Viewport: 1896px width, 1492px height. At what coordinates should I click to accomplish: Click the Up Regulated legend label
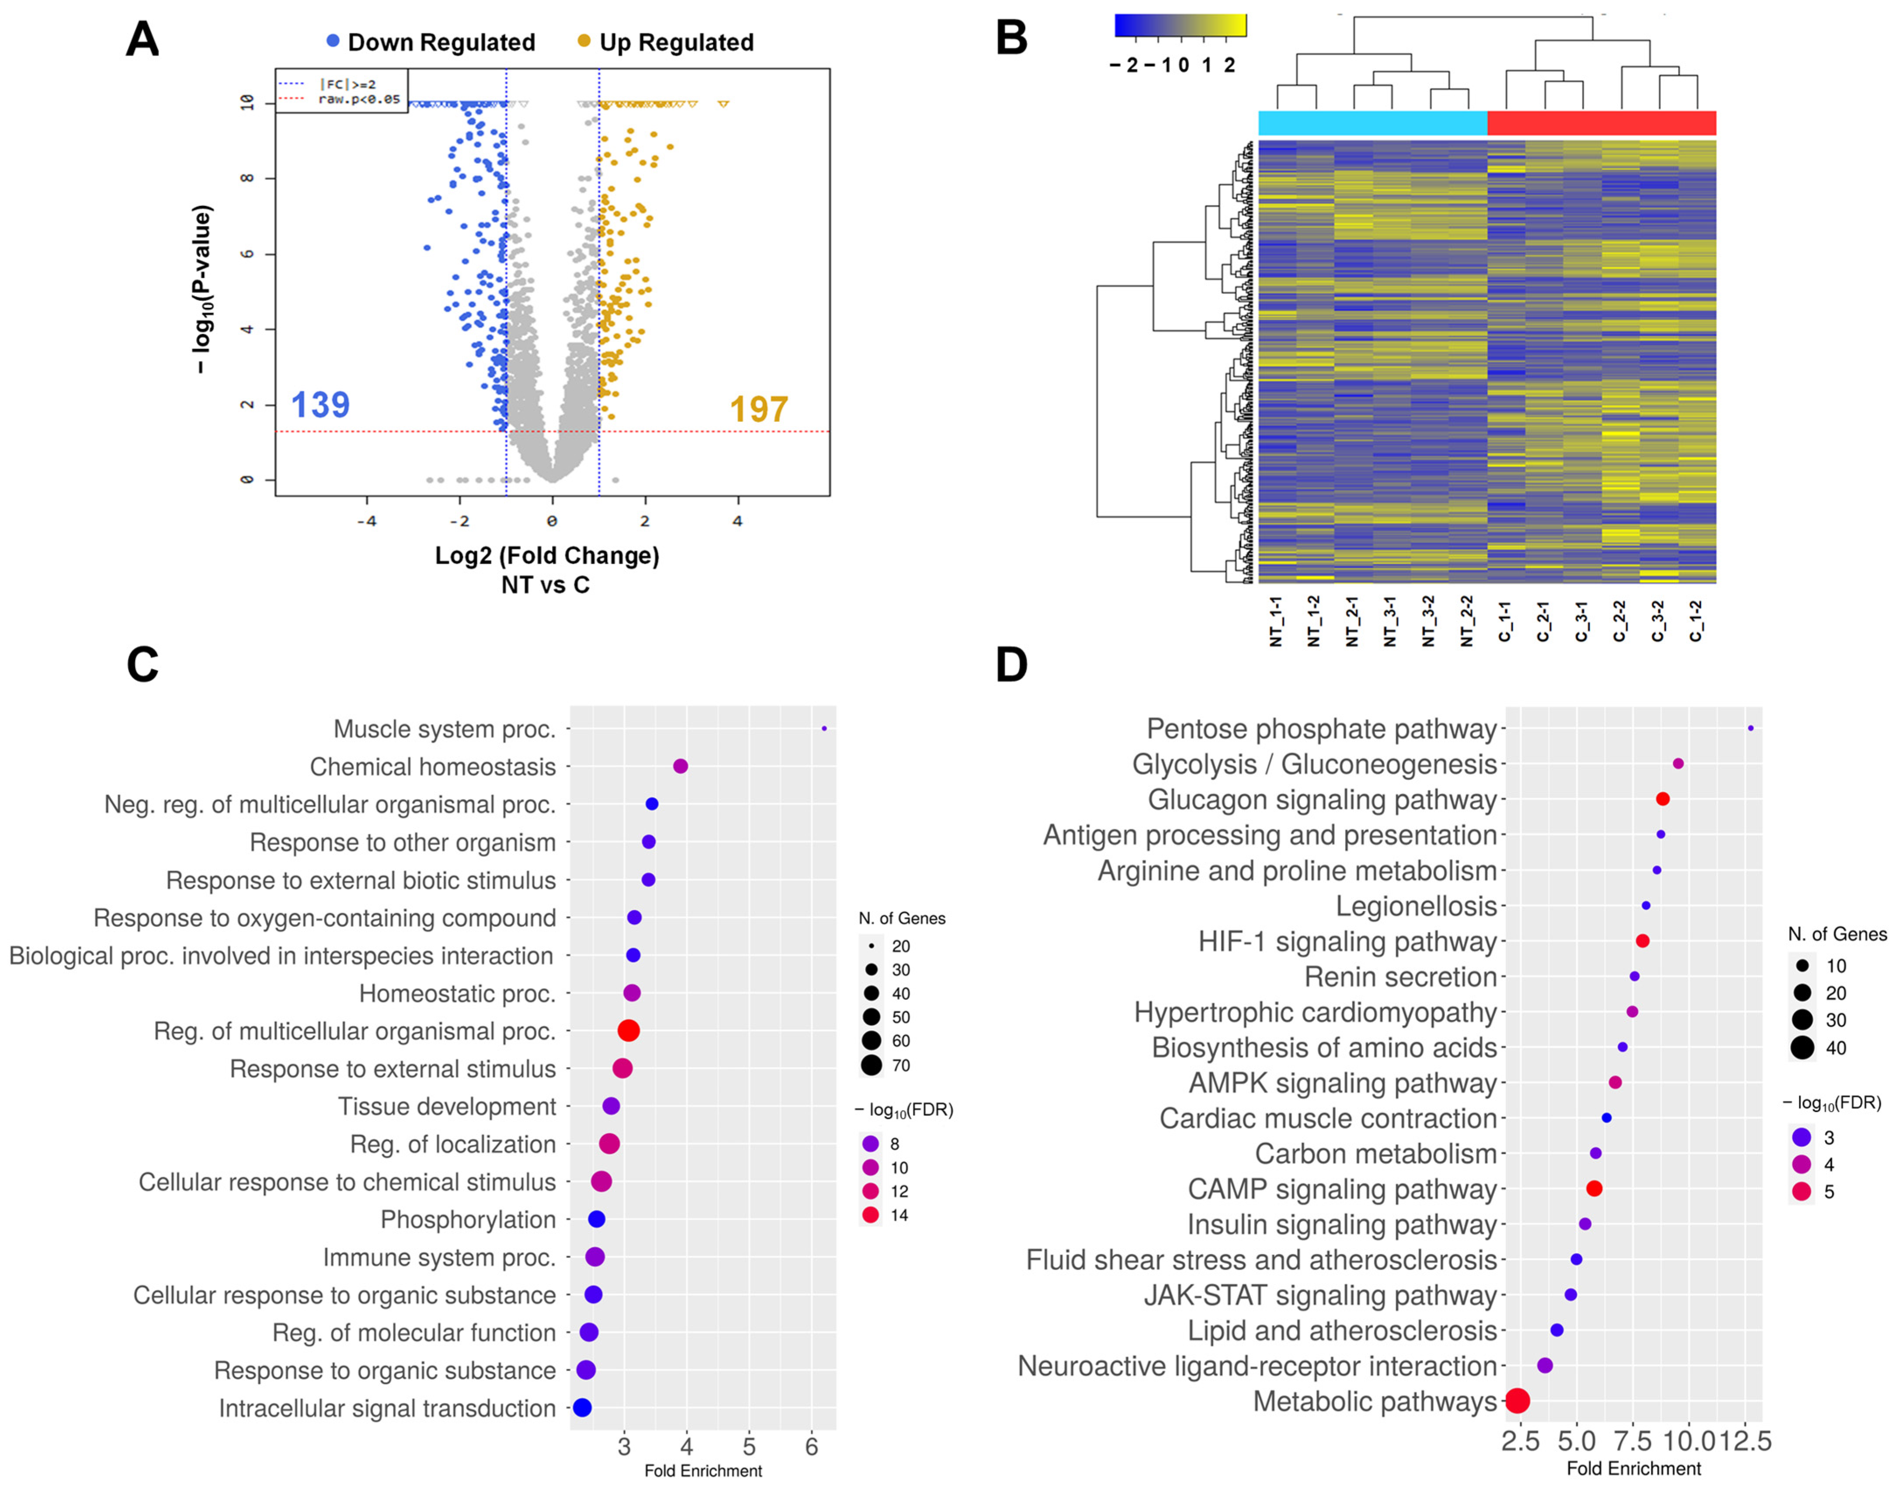(x=675, y=42)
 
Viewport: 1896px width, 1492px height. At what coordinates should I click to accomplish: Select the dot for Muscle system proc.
(x=823, y=729)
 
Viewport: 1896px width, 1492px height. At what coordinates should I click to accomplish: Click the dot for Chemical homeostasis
(x=681, y=766)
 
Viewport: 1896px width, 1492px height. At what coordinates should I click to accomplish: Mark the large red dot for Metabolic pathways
(x=1518, y=1401)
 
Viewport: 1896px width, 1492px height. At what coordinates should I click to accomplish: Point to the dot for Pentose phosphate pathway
(x=1750, y=729)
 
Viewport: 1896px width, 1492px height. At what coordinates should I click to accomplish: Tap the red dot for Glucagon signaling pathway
(x=1663, y=799)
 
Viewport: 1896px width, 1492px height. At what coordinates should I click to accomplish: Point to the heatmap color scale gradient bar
(x=1180, y=25)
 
